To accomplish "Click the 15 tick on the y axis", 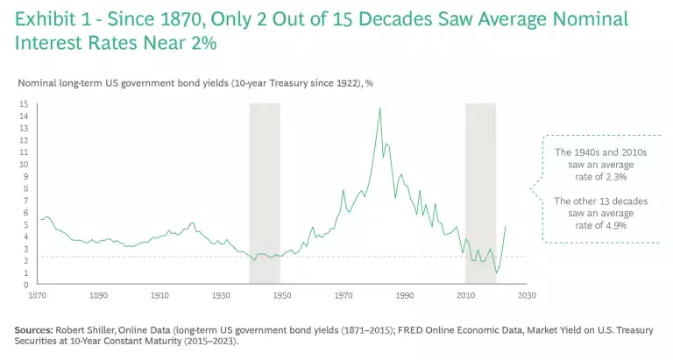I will (x=25, y=104).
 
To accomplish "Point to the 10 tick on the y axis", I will (x=25, y=165).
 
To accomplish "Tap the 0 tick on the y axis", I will (x=26, y=285).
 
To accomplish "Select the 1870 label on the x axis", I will (x=38, y=296).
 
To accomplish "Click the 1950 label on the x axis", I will (x=282, y=296).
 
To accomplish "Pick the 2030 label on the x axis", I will (x=527, y=296).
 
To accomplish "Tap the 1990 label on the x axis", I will (x=404, y=296).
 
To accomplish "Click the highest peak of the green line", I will (x=379, y=109).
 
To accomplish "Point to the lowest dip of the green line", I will (x=497, y=272).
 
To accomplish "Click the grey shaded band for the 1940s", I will (x=265, y=193).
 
